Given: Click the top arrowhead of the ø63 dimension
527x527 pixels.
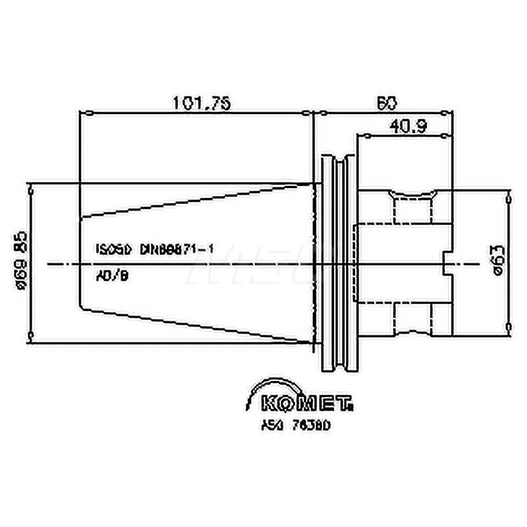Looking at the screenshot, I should [x=508, y=199].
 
